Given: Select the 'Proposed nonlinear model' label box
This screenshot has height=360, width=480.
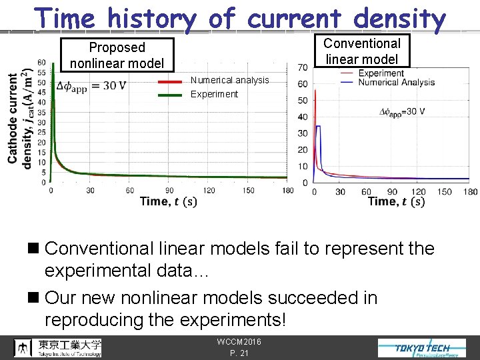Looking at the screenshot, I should click(x=117, y=55).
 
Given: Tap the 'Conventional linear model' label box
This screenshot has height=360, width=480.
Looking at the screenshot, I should click(x=361, y=51).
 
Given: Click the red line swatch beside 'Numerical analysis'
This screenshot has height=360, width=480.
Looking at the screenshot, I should click(x=171, y=81).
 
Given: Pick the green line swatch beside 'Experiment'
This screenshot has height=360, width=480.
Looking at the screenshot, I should click(x=171, y=95).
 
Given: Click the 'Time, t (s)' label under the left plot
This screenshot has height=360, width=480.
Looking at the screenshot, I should click(x=168, y=201).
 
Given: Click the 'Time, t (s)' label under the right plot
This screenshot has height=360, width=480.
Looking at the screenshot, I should click(x=396, y=201).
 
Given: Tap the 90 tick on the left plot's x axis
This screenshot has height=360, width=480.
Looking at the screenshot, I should click(x=169, y=191).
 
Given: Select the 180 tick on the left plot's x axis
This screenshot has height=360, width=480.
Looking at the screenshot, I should click(x=287, y=191).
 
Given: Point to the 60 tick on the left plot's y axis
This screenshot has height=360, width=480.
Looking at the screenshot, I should click(x=41, y=63).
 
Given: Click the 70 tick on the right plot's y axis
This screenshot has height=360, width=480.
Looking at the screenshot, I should click(x=302, y=67).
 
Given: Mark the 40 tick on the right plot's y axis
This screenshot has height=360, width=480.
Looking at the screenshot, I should click(x=302, y=117).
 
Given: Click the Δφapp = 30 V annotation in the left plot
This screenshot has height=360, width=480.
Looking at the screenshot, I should click(x=91, y=85).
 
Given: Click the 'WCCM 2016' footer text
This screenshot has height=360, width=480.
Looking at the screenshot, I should click(x=239, y=342).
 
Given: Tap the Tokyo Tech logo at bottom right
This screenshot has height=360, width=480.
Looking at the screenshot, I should click(x=422, y=347).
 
